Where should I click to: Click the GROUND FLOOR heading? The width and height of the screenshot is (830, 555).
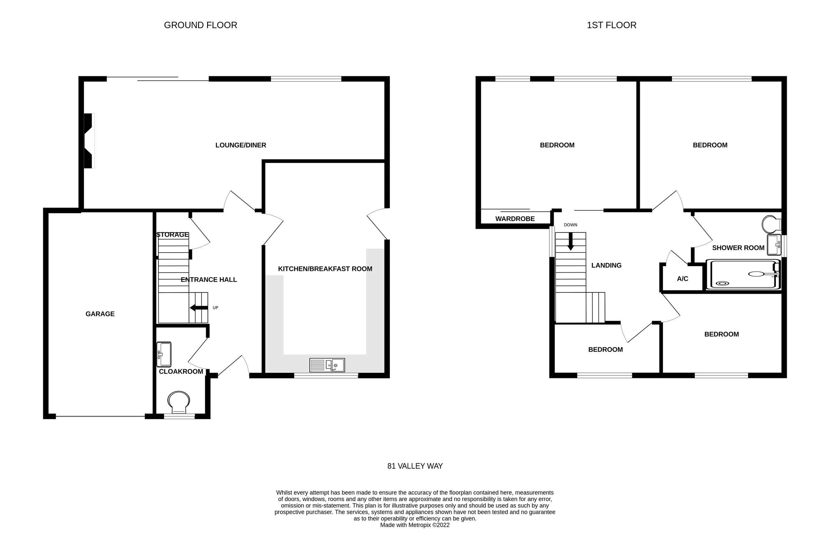point(200,25)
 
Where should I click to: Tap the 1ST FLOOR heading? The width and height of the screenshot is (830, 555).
point(611,25)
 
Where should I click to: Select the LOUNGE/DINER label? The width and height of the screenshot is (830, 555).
point(241,145)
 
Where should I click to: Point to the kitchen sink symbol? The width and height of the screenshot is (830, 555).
point(327,365)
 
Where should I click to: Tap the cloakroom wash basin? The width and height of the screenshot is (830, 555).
point(164,354)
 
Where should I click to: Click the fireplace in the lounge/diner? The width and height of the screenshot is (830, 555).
point(89,140)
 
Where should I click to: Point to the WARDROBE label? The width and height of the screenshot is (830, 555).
point(515,219)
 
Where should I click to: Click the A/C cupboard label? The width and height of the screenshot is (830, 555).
point(682,279)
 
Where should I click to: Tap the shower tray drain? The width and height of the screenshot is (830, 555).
point(722,283)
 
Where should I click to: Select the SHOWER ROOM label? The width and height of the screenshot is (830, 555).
point(738,248)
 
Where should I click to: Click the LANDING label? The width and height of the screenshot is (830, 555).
point(606,265)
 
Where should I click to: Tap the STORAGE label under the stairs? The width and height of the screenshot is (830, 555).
point(172,235)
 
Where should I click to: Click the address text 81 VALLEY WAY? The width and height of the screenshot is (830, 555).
point(415,466)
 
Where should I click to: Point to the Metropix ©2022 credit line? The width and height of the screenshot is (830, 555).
point(415,525)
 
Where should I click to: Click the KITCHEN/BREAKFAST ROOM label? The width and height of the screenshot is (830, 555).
point(325,269)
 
